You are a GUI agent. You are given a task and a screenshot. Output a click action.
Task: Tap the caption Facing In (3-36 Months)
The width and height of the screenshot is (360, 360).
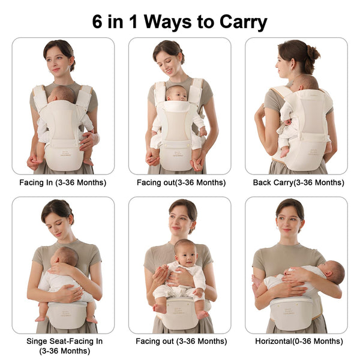pos(63,182)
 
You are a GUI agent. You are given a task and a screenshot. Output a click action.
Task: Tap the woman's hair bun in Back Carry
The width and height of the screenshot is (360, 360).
pos(313,52)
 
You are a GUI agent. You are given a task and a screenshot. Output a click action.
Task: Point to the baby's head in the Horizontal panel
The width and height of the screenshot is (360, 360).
pos(335,273)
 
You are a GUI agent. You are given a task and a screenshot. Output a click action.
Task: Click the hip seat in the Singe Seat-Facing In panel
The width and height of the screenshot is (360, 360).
pos(67,313)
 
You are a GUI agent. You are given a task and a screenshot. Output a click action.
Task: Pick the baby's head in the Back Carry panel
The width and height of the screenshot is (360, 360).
pos(307,83)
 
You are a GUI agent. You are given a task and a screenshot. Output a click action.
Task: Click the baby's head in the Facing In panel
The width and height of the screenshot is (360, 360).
pos(64,94)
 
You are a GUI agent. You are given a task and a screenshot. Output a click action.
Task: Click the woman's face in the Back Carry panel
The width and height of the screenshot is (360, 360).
pos(286,61)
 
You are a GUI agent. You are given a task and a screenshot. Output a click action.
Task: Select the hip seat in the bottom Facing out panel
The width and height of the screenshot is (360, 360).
pos(178,313)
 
